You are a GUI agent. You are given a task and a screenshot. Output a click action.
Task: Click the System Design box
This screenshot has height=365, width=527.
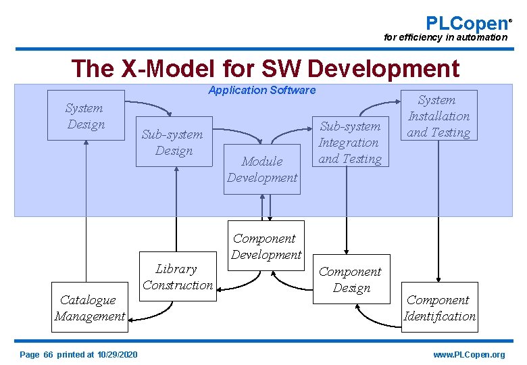86,116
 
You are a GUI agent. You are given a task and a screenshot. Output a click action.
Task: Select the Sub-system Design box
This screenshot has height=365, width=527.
174,142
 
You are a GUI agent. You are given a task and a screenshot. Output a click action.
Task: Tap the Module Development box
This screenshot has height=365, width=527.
262,169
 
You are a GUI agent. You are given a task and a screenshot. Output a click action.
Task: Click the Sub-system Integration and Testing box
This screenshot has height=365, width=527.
350,142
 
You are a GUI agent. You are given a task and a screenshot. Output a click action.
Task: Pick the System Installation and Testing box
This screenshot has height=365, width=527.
438,116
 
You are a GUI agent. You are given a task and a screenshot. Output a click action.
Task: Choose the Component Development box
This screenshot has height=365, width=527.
266,246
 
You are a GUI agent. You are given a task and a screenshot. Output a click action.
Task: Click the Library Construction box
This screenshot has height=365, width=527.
177,277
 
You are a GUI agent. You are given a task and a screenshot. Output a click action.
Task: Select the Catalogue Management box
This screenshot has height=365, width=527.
89,308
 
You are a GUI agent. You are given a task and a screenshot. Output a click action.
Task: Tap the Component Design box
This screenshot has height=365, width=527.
351,279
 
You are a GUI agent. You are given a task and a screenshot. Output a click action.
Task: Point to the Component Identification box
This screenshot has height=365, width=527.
439,308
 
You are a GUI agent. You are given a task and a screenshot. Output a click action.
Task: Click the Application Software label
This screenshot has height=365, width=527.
261,90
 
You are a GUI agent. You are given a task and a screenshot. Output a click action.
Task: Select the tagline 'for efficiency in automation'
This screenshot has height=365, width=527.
445,37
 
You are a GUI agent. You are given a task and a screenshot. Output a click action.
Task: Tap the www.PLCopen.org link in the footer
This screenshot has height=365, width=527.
469,355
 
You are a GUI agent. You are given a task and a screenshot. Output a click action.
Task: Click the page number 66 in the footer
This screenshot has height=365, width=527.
48,355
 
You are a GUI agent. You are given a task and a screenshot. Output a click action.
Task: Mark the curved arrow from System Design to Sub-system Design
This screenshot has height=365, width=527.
150,106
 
